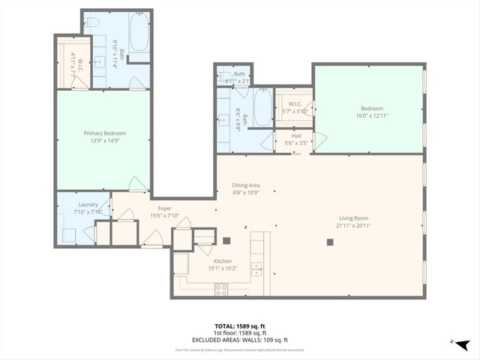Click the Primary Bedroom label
(104, 133)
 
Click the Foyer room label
(164, 209)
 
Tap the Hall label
(297, 136)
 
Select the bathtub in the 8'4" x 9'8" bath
(262, 108)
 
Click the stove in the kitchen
(222, 288)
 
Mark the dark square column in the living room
(330, 241)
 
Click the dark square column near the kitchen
(226, 241)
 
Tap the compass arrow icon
(463, 343)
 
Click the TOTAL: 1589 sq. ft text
(239, 326)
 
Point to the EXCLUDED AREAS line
(239, 339)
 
